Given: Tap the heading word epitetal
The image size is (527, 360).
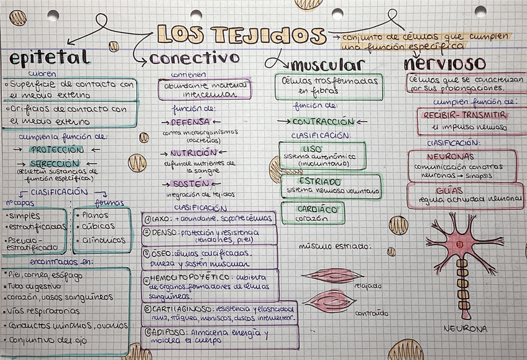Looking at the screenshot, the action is (x=49, y=58).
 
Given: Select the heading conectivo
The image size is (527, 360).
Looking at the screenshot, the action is (x=195, y=58).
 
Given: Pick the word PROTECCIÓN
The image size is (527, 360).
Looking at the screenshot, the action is (x=57, y=150).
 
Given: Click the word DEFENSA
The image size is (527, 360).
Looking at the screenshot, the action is (x=191, y=122).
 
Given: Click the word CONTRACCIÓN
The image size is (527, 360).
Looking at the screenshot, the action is (x=323, y=122).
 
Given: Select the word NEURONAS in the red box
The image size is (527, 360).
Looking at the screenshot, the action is (x=452, y=157).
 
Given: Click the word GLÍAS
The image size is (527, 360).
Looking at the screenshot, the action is (x=449, y=190).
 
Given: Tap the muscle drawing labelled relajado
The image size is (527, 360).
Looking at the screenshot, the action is (x=333, y=275).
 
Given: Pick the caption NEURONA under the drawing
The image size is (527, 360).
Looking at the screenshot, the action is (x=465, y=328).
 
